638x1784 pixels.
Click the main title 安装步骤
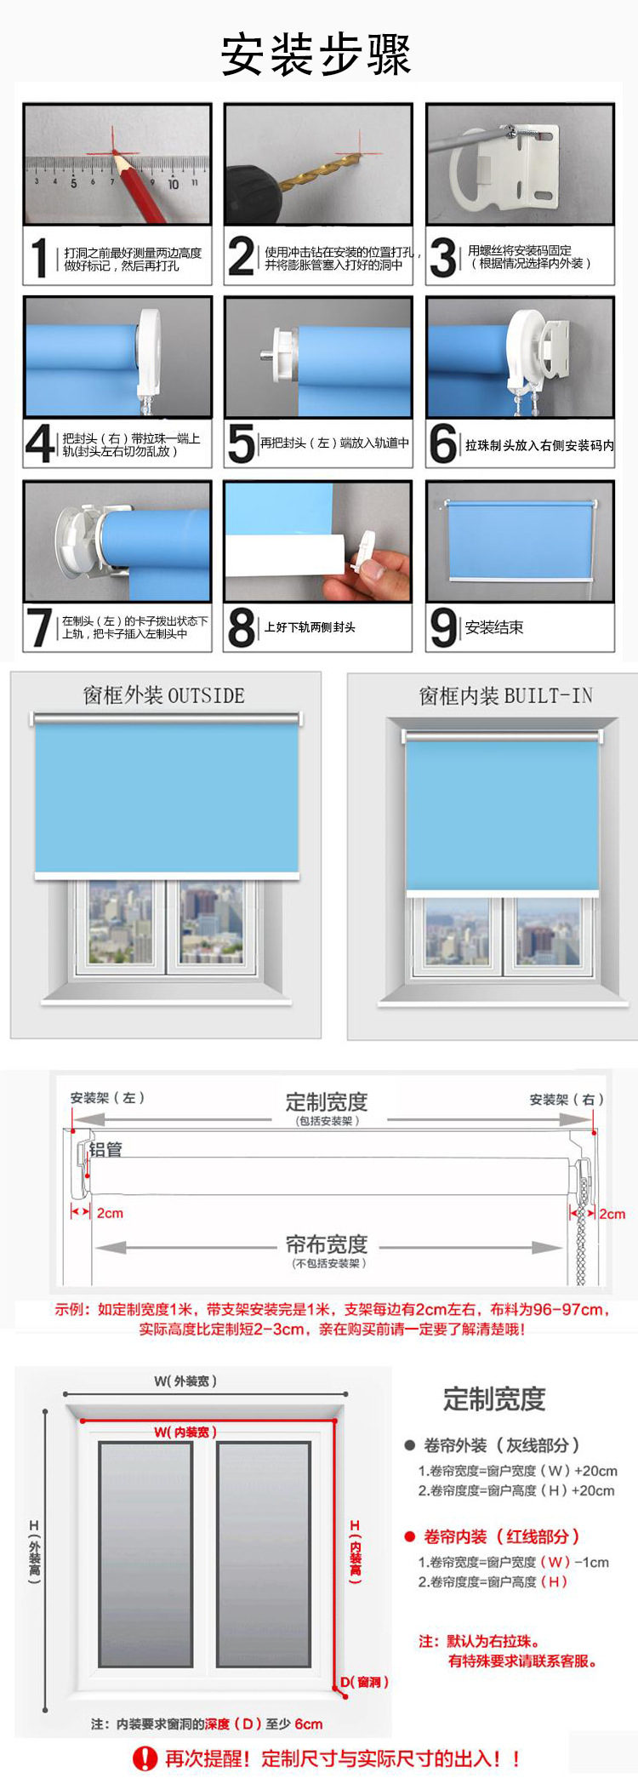316,54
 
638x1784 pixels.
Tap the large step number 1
39,258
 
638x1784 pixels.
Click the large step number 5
242,443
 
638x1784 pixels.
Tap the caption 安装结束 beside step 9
494,627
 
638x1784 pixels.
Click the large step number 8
242,628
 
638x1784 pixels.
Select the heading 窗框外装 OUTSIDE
164,695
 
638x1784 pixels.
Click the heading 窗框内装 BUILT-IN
505,696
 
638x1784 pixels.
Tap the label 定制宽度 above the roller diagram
327,1101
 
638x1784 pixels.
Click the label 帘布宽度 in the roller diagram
327,1244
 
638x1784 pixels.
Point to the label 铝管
105,1149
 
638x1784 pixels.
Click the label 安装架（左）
107,1098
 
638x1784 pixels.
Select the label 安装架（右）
567,1100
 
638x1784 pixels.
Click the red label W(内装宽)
185,1432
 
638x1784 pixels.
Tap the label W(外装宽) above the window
185,1381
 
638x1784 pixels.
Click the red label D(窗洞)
365,1682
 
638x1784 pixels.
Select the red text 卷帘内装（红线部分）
502,1536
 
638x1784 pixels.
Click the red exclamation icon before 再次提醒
145,1758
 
